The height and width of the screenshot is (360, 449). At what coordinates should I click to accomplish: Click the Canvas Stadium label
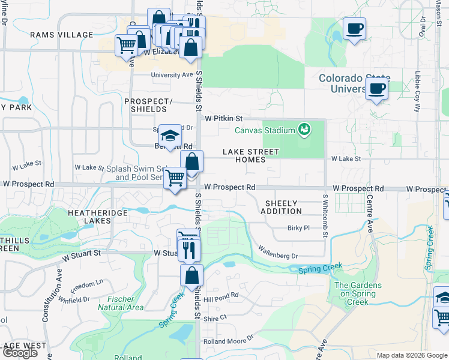click(265, 130)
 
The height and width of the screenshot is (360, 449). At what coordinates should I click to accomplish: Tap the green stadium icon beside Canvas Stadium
click(304, 129)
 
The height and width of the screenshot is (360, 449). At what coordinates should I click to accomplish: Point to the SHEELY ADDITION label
click(282, 207)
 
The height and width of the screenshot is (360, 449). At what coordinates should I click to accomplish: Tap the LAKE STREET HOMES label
click(251, 156)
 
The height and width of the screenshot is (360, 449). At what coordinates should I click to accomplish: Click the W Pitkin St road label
click(223, 119)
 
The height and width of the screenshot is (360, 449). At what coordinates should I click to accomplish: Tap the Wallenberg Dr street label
click(278, 251)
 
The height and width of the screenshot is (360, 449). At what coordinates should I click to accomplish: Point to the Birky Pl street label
click(298, 228)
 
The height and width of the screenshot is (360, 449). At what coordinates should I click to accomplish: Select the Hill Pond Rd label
click(221, 298)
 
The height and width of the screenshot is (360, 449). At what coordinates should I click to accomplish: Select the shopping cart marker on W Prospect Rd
click(175, 178)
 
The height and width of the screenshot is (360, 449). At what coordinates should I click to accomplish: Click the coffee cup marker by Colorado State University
click(376, 89)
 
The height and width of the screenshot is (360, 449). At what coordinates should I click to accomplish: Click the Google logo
click(20, 353)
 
